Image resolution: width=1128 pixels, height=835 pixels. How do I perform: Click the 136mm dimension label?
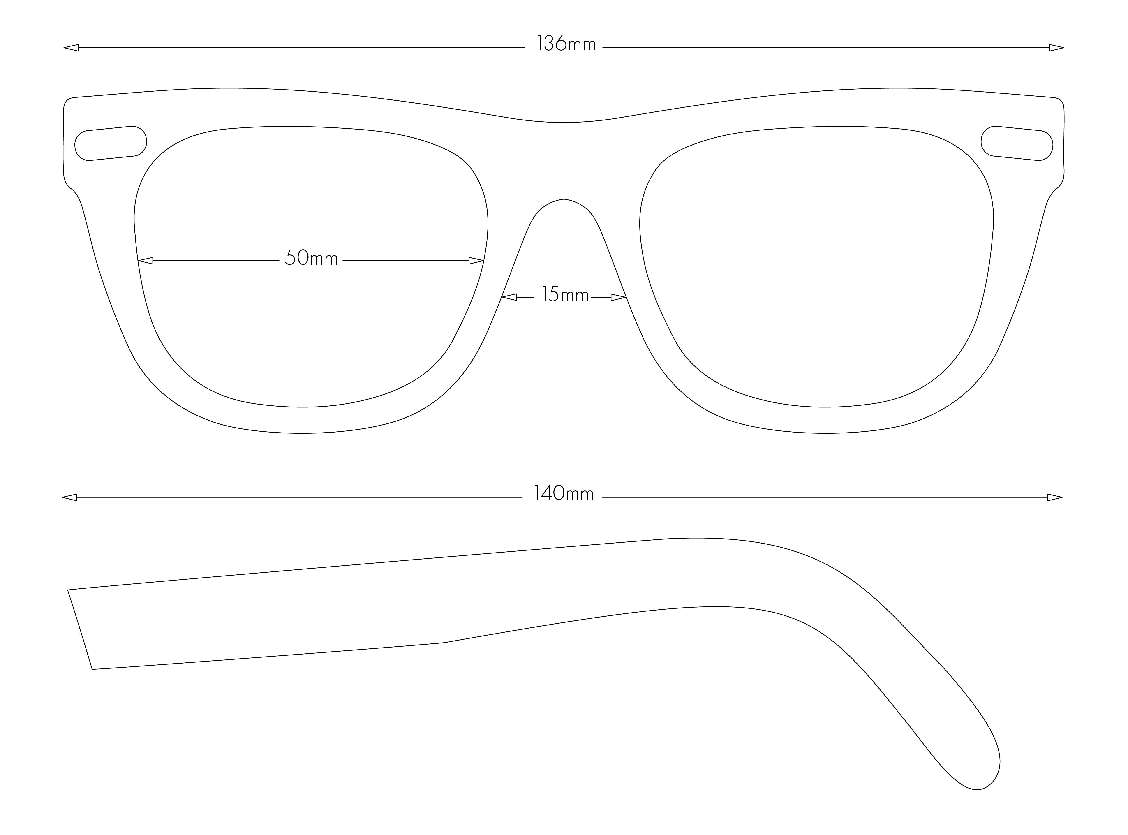point(566,44)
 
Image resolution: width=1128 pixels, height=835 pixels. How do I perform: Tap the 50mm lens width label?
point(311,258)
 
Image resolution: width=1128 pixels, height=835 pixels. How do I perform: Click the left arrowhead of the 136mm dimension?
point(71,48)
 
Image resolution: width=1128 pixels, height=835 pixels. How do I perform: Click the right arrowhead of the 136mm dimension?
point(1056,48)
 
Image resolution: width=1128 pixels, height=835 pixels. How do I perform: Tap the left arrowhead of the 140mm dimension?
point(69,497)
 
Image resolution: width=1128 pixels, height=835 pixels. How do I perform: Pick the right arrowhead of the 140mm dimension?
point(1055,497)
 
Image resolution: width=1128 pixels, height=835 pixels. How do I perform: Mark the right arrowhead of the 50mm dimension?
point(476,261)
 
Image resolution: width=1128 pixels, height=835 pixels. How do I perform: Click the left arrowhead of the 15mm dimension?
point(509,297)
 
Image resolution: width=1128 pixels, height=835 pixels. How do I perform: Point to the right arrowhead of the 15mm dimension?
point(619,297)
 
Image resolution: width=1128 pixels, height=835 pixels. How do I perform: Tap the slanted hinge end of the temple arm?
point(80,630)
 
